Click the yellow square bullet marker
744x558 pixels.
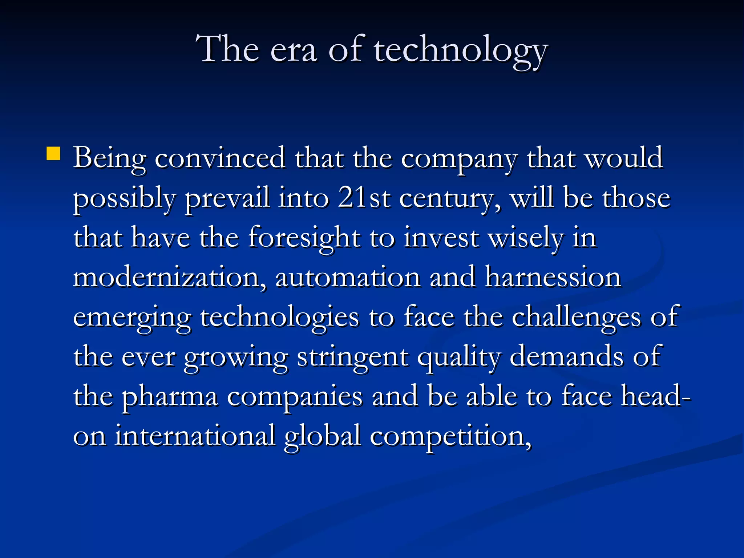coord(53,154)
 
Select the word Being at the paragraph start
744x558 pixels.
coord(109,158)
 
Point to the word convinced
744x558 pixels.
coord(220,158)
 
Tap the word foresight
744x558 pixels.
coord(304,238)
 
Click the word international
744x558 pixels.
coord(195,436)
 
